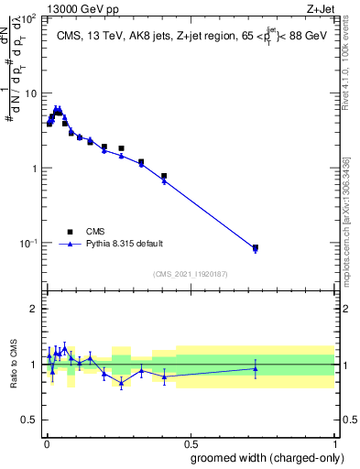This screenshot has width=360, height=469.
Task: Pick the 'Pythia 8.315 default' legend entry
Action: (124, 244)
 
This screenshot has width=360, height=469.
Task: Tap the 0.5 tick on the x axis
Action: (191, 445)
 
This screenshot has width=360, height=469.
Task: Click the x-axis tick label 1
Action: (335, 445)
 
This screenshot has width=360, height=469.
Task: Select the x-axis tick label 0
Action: (46, 445)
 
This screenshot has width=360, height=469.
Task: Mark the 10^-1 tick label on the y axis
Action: (28, 242)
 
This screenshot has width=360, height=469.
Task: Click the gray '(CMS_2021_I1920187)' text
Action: (190, 274)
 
